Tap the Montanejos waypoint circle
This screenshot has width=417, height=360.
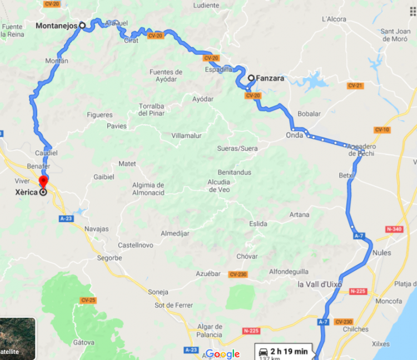[82, 25]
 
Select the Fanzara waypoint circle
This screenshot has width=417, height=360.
[251, 78]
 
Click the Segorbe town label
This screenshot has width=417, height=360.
[108, 258]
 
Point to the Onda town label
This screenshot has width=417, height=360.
[295, 135]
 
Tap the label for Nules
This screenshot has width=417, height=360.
[382, 253]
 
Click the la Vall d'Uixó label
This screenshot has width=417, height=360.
[320, 284]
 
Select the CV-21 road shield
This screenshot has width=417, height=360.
[355, 86]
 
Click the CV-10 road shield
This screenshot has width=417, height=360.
[382, 130]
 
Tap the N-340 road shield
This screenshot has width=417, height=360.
[393, 229]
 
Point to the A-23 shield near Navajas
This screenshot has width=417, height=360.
[66, 219]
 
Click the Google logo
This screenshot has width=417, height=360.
[222, 354]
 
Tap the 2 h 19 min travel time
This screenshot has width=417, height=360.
[289, 351]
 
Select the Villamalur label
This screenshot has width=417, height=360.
[186, 135]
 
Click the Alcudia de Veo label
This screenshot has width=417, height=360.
[219, 185]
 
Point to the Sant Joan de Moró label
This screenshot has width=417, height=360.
[395, 35]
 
